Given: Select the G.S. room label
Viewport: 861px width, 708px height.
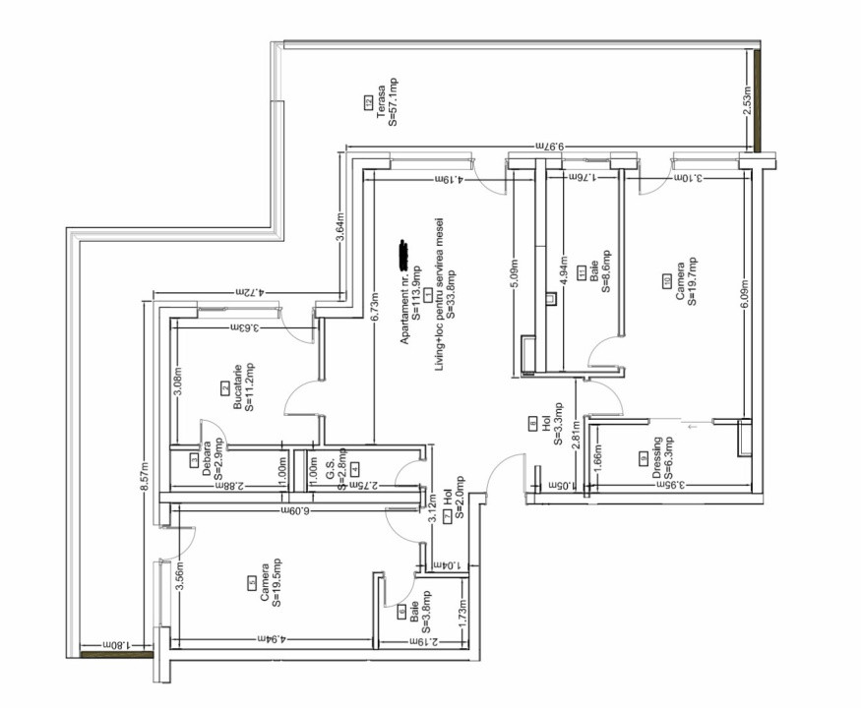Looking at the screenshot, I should click(x=331, y=469).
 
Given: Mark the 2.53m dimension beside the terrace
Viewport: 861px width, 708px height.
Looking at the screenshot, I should click(x=747, y=102).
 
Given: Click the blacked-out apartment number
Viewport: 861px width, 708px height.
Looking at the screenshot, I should click(x=402, y=253).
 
